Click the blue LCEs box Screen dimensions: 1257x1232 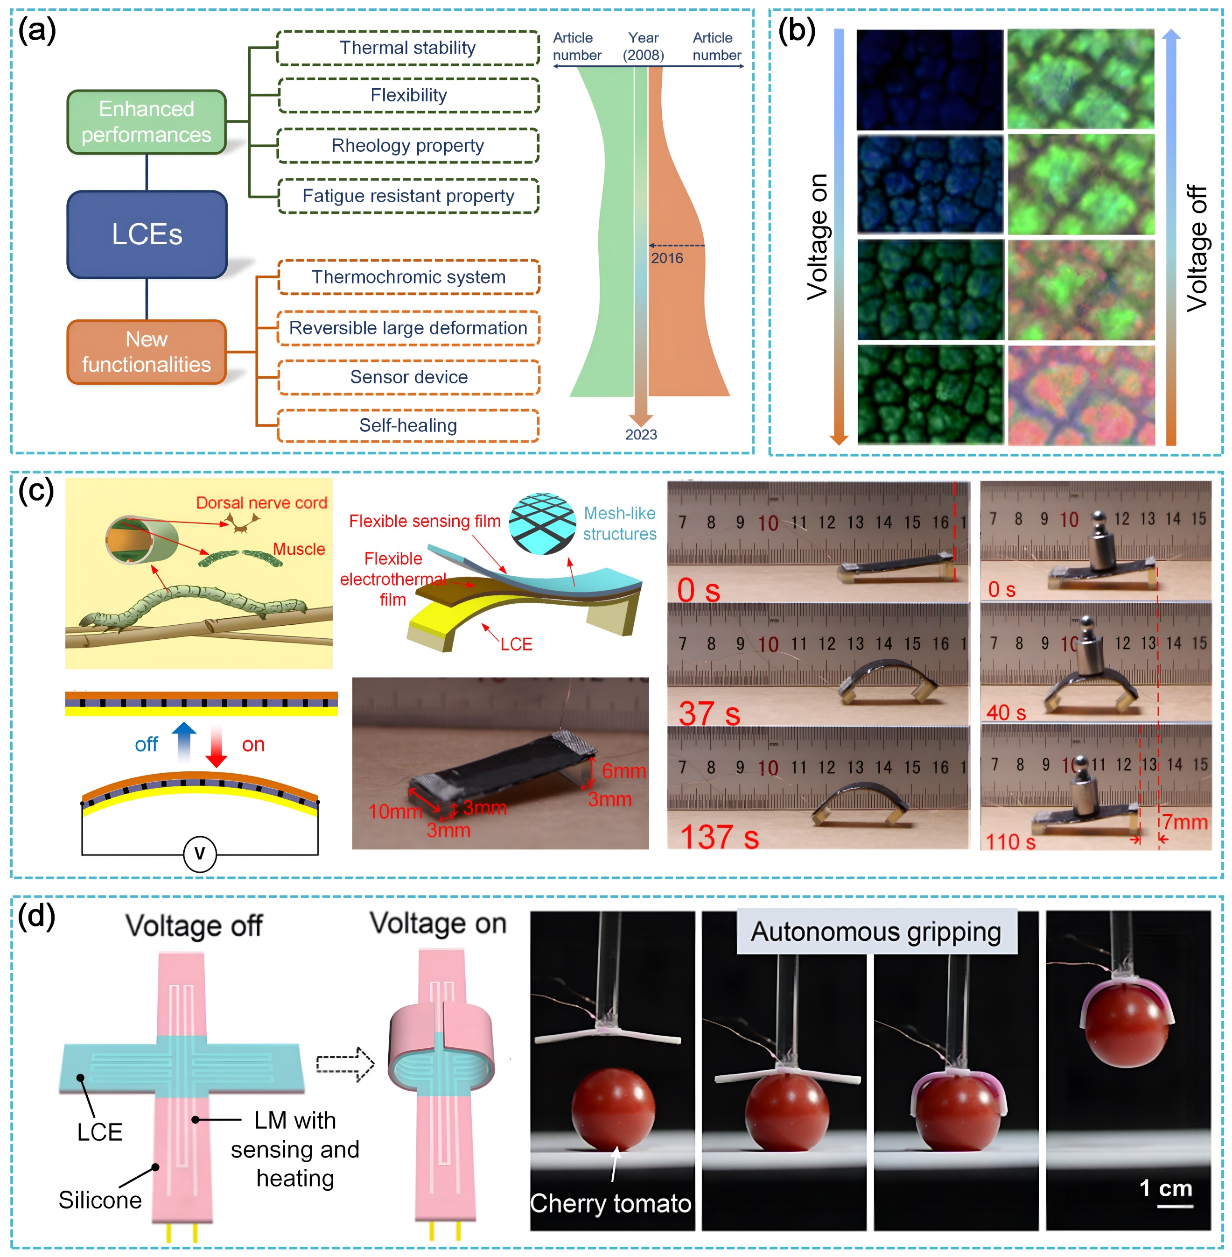147,234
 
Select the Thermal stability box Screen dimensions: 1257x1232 408,48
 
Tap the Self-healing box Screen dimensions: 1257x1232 408,425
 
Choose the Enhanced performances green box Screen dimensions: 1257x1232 147,122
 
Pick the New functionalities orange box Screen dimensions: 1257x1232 147,352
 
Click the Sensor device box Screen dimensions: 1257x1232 408,377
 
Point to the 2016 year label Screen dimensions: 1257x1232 666,258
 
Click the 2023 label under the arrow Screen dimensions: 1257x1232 641,434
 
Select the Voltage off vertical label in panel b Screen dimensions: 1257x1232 1197,248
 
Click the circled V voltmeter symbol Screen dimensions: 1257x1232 200,853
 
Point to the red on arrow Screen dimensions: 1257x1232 216,746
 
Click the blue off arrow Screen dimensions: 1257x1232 184,742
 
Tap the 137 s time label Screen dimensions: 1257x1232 719,836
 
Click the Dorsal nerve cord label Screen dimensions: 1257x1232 261,503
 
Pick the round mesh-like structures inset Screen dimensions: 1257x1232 542,523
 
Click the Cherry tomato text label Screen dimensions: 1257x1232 610,1203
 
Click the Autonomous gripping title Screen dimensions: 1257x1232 875,932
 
